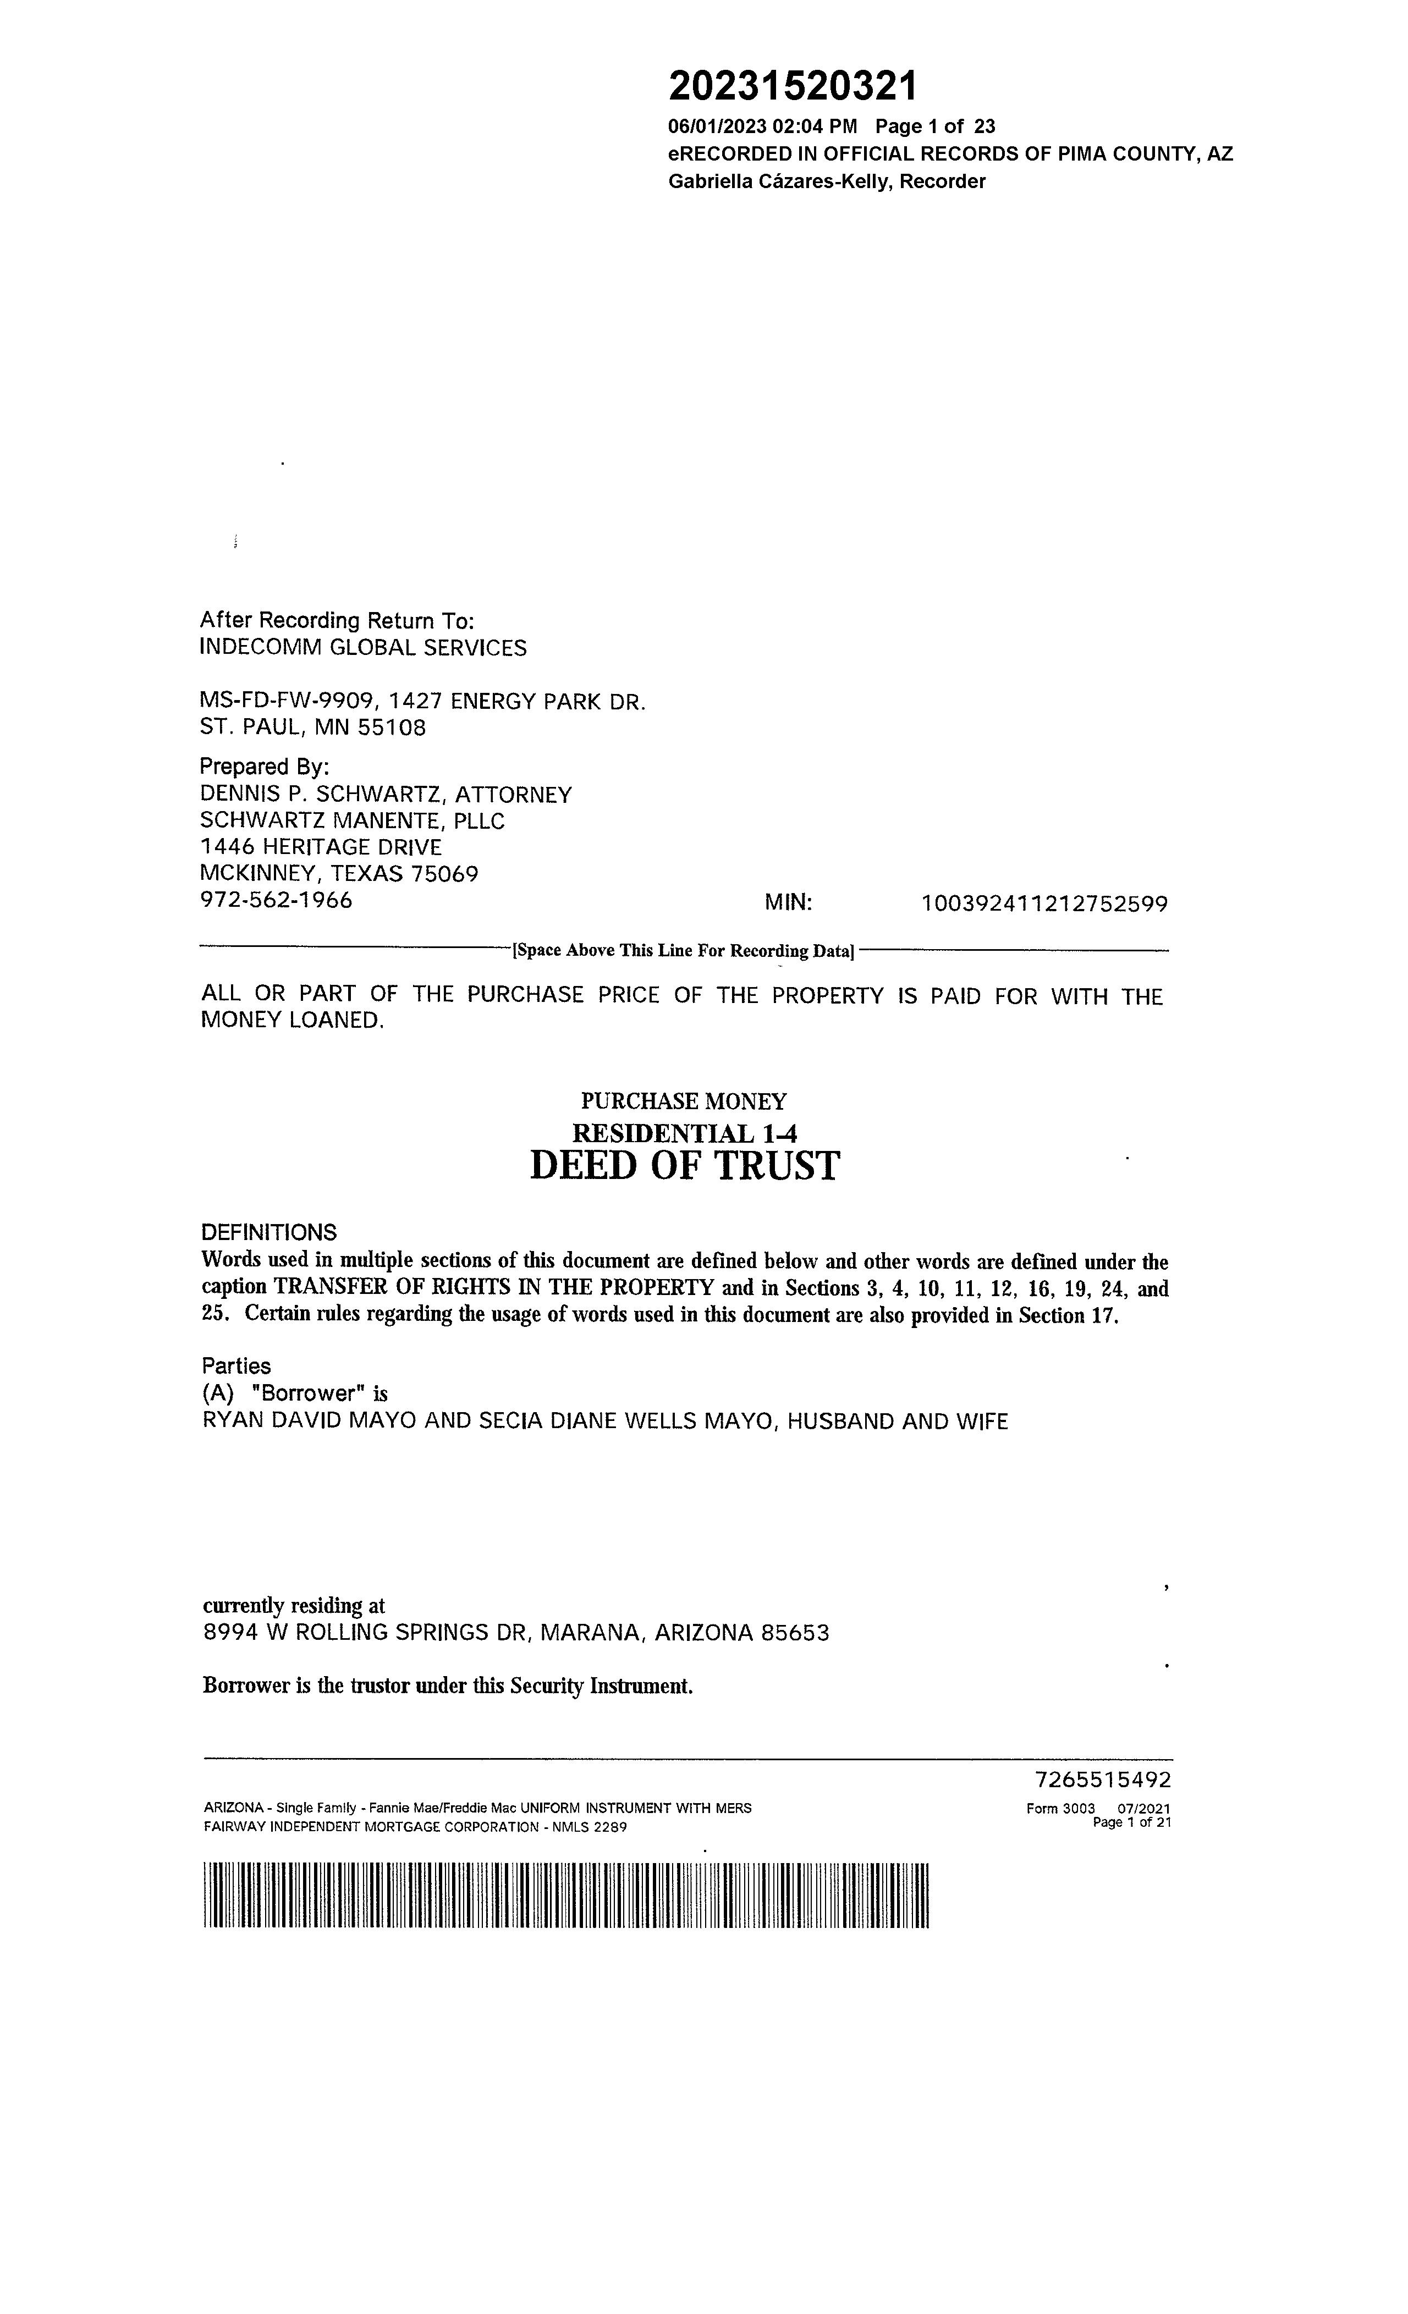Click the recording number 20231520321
coord(792,87)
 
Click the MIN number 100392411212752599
coord(1044,905)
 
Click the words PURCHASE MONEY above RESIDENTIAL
coord(684,1101)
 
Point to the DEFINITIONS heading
coord(268,1233)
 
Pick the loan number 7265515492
coord(1103,1779)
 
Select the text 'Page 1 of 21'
coord(1132,1823)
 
